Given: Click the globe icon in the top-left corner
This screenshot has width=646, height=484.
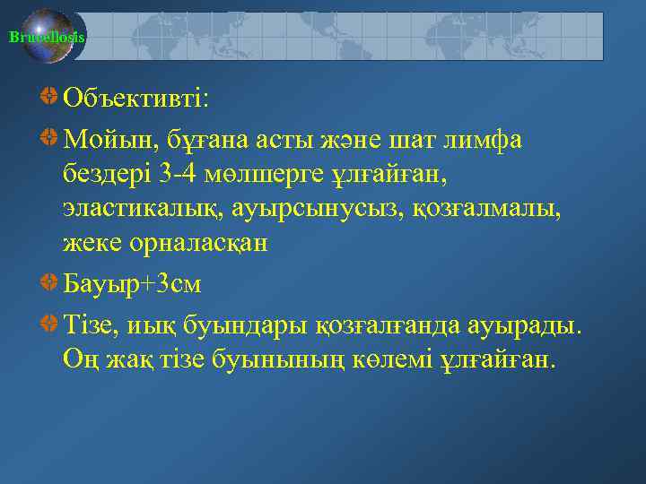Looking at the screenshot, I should coord(48,37).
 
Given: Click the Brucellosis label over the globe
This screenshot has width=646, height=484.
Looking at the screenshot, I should coord(47,37).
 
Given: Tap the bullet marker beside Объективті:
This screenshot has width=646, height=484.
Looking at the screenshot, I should coord(50,96).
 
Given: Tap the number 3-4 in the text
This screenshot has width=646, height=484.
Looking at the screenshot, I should coord(203,173).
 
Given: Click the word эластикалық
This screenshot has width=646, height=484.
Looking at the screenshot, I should coord(144,208).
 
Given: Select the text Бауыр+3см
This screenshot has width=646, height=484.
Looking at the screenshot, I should coord(133,284).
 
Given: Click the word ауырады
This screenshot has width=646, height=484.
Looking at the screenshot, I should coord(525,323).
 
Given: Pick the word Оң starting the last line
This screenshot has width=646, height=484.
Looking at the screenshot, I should coord(79,359).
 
